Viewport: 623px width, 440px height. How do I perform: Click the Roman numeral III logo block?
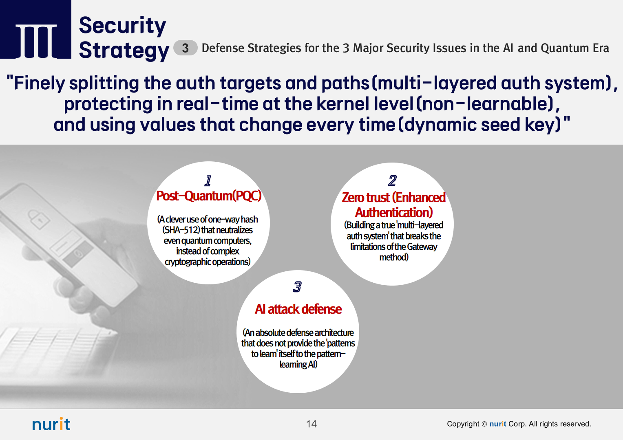[x=35, y=29]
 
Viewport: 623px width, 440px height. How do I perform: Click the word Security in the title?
[x=122, y=26]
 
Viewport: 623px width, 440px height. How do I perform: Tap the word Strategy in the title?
[x=124, y=51]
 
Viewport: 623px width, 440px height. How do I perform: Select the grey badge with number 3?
[x=185, y=48]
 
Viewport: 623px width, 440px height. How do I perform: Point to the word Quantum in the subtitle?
[x=565, y=48]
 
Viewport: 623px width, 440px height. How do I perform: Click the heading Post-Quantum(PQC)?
[x=209, y=196]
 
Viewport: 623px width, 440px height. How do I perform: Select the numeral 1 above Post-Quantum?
[x=208, y=180]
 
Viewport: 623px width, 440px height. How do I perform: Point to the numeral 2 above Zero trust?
[x=393, y=180]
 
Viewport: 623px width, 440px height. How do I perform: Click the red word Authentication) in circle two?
[x=394, y=213]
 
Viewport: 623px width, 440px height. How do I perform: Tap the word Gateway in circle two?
[x=422, y=246]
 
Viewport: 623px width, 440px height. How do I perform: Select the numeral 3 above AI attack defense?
[x=297, y=286]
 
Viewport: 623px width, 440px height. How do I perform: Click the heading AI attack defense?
[x=298, y=309]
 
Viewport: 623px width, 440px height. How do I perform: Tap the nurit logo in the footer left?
[x=51, y=424]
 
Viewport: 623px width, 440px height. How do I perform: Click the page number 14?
[x=311, y=424]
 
